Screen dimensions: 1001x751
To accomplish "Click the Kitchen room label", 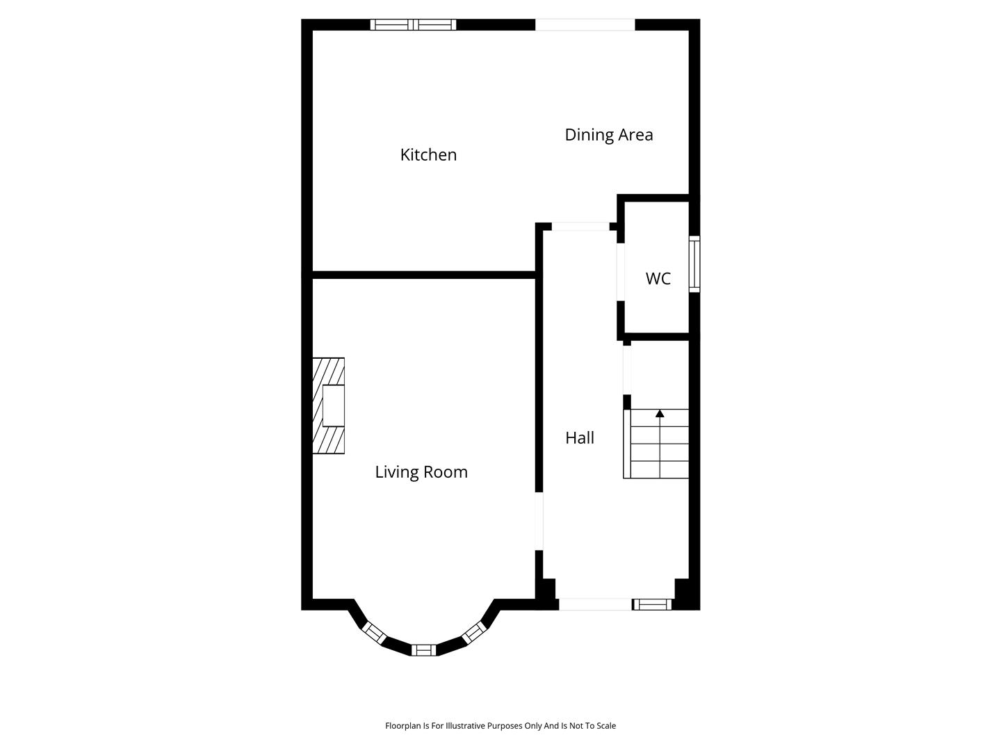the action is (428, 155).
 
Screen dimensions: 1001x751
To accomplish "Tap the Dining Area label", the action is (609, 135).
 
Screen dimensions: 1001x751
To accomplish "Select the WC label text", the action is (658, 279).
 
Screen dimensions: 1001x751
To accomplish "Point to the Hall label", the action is (580, 438).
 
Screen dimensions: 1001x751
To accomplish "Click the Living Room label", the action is (421, 472).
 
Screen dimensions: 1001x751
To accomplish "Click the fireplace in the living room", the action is (328, 405).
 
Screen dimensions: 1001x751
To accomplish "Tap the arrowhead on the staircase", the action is (660, 413).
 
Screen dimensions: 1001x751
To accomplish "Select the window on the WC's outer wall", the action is (694, 264).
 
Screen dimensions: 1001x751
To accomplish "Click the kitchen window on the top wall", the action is (413, 24).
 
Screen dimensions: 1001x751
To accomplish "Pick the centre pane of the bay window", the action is (423, 649).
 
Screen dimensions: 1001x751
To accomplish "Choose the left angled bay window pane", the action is (375, 633).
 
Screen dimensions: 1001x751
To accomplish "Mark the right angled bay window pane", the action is (474, 633).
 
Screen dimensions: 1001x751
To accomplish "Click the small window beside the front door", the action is (652, 604).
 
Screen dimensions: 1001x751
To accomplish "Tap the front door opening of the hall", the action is (596, 604).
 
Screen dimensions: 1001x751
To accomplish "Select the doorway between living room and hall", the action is (539, 521).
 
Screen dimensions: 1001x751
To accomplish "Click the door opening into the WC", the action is (620, 272).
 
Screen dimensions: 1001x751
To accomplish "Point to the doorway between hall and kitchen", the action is (580, 226).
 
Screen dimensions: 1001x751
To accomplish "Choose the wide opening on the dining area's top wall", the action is (585, 24).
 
